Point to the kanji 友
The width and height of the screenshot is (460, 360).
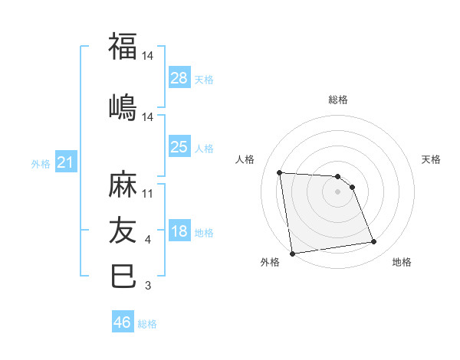tap(123, 229)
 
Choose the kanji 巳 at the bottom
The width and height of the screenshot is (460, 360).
tap(123, 276)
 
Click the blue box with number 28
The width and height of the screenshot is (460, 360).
tap(179, 78)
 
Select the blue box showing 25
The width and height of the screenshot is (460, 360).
tap(179, 147)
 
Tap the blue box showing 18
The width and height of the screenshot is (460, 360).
tap(179, 232)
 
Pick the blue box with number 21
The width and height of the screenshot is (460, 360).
tap(66, 162)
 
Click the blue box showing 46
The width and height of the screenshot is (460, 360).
tap(123, 322)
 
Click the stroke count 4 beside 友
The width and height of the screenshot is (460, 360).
tap(148, 241)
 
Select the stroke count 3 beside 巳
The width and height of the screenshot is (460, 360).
tap(148, 286)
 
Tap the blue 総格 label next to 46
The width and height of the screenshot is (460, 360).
tap(147, 324)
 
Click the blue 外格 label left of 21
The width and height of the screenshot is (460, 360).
tap(41, 164)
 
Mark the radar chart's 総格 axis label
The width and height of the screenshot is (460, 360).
tap(338, 100)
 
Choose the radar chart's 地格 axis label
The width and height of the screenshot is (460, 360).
tap(402, 262)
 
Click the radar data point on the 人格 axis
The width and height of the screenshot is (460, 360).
tap(280, 172)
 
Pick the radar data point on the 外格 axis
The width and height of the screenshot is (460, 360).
tap(292, 254)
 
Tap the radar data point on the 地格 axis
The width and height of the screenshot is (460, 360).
tap(373, 242)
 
